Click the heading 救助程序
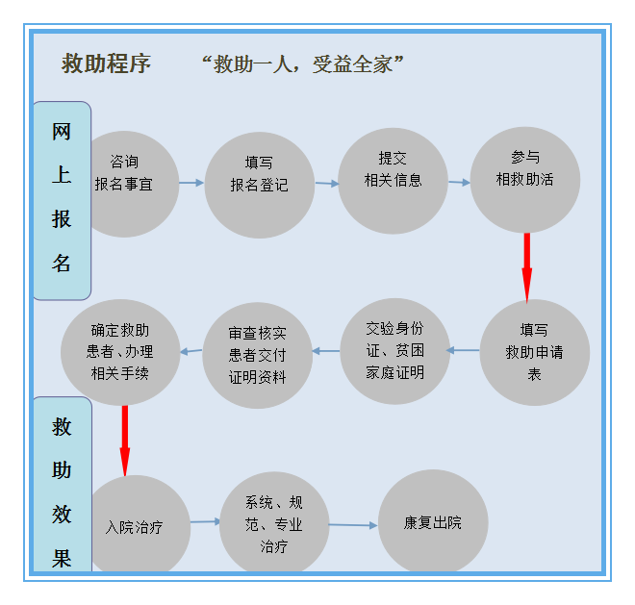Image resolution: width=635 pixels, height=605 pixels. tap(106, 63)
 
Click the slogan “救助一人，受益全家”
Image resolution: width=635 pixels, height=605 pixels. tap(302, 64)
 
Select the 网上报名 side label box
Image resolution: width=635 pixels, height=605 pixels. tap(62, 200)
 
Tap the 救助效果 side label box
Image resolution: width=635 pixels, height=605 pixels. tap(62, 485)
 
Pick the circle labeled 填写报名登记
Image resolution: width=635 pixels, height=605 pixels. tap(260, 185)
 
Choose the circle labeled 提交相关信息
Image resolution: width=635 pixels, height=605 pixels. tap(393, 181)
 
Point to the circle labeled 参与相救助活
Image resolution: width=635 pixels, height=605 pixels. tap(525, 180)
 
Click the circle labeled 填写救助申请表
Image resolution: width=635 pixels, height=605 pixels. tap(535, 352)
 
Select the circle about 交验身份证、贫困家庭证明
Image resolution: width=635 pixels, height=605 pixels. tap(394, 351)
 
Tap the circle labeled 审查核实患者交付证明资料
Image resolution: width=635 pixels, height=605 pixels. tap(257, 355)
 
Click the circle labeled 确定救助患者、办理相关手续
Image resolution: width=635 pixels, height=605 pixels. tap(120, 352)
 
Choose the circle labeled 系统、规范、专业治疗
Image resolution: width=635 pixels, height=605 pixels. tap(274, 522)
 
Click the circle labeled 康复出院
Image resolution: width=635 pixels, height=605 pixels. tap(433, 521)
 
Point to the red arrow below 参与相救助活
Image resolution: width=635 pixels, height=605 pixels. tap(527, 268)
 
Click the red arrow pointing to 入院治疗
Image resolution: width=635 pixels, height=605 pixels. tap(125, 441)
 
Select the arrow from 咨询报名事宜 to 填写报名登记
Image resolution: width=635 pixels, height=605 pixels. tap(191, 183)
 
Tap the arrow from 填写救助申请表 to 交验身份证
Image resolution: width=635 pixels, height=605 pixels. tap(463, 350)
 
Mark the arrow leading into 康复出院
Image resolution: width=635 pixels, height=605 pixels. tap(353, 525)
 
